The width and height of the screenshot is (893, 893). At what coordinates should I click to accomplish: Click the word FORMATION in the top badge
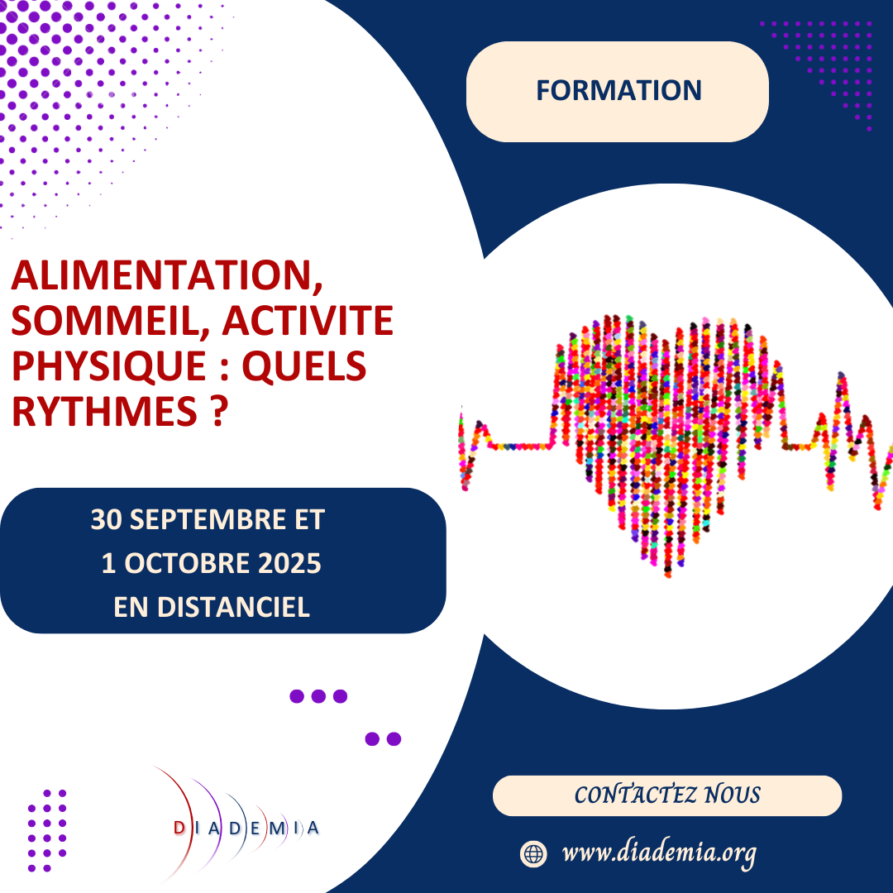618,90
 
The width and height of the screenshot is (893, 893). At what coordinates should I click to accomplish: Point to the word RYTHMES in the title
96,410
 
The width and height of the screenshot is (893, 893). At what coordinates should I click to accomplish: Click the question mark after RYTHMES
217,410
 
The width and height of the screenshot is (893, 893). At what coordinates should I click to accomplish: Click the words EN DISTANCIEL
211,607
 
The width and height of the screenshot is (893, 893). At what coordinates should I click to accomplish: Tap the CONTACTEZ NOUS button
667,795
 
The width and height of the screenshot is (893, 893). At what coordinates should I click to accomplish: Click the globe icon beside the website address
533,853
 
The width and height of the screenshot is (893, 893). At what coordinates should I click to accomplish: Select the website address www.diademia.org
659,852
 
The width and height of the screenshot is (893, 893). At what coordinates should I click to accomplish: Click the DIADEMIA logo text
247,828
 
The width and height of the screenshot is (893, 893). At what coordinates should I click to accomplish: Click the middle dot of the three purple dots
318,696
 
